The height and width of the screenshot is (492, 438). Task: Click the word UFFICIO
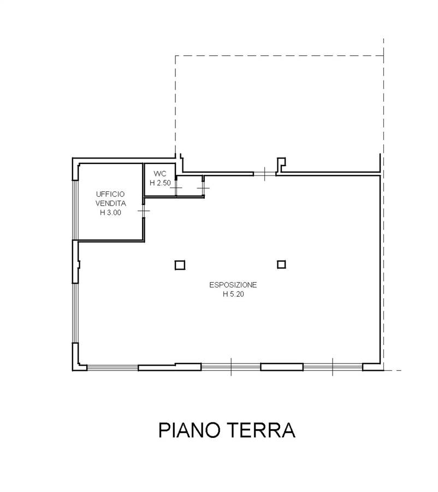[x=110, y=194]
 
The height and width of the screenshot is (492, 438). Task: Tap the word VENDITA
[x=111, y=203]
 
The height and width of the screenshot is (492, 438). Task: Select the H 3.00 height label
[x=110, y=213]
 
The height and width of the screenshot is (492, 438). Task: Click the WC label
[x=160, y=173]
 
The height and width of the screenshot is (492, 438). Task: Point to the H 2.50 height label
[x=160, y=183]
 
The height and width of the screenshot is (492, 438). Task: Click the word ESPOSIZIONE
[x=233, y=285]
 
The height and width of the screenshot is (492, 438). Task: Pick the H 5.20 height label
[x=233, y=294]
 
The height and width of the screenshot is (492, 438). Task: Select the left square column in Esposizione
[x=180, y=265]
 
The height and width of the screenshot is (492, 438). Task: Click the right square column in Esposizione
[x=282, y=265]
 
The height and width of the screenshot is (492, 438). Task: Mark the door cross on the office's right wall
[x=144, y=211]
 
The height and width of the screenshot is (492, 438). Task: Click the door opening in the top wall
[x=265, y=173]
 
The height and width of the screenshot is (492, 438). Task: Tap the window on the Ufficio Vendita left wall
[x=75, y=210]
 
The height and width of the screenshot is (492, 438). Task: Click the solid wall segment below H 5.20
[x=282, y=367]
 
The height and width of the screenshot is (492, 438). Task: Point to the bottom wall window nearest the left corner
[x=113, y=368]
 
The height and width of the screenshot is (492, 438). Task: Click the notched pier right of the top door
[x=281, y=165]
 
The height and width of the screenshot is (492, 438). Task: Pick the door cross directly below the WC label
[x=176, y=188]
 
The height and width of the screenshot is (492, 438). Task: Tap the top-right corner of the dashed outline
[x=384, y=56]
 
